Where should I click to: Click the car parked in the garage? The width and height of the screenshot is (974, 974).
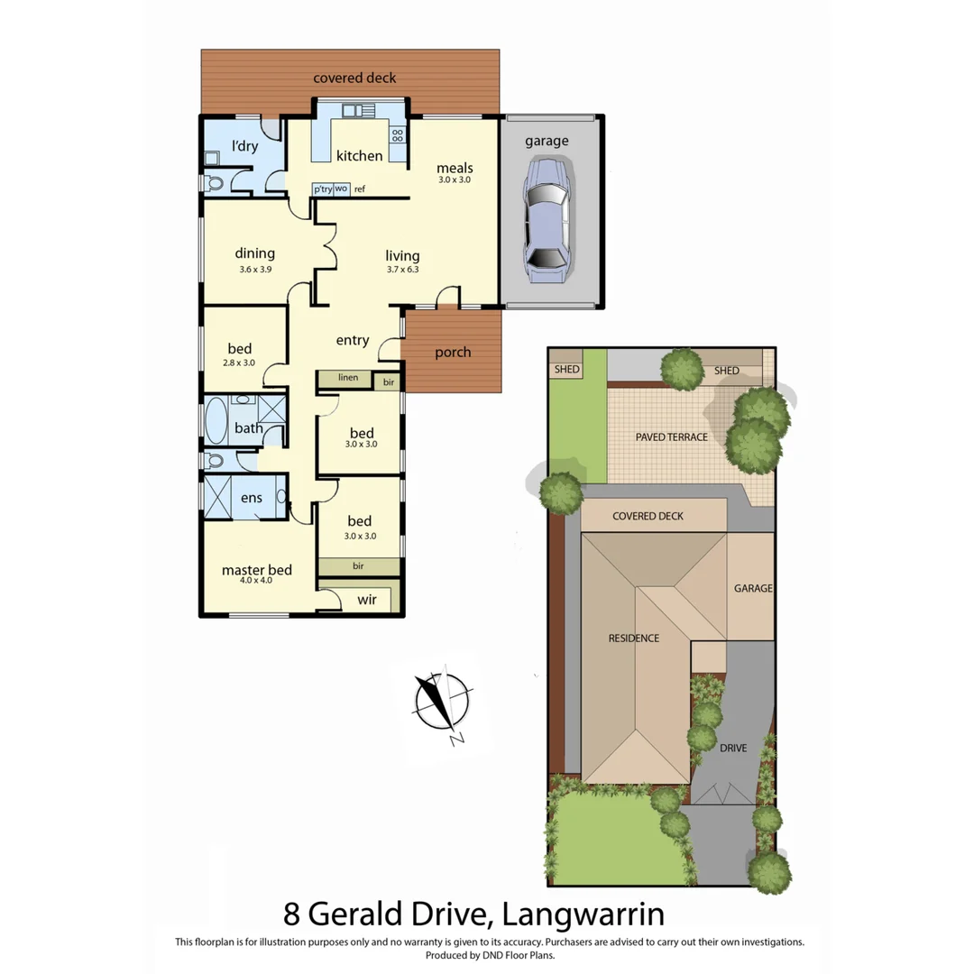[547, 221]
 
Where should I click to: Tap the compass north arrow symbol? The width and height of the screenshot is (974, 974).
[442, 704]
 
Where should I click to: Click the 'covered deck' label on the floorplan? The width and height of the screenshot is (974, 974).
[354, 78]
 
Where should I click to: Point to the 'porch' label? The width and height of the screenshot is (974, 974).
[453, 352]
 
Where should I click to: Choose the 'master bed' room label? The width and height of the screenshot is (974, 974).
[257, 569]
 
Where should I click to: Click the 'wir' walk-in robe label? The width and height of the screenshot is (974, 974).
[367, 598]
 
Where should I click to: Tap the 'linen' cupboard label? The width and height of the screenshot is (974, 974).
[348, 377]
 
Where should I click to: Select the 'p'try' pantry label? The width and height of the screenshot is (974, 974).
[322, 188]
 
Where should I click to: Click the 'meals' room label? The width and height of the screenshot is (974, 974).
[455, 168]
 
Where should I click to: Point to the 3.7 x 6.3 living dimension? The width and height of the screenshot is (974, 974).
[403, 269]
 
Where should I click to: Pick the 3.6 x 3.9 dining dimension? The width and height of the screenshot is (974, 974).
[254, 269]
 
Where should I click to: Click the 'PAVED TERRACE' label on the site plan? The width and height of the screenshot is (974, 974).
[671, 436]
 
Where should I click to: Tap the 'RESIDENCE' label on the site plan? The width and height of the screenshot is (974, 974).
[633, 638]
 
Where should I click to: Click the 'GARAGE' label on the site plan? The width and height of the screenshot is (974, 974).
[752, 588]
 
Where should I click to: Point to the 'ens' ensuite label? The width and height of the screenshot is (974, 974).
[251, 498]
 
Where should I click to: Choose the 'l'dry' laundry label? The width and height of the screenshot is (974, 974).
[244, 145]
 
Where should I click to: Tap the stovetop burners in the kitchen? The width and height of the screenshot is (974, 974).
[397, 135]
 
